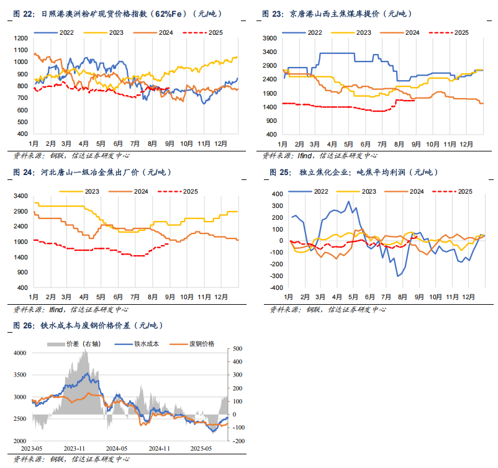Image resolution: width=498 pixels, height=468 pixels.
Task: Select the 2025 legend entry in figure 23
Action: click(458, 32)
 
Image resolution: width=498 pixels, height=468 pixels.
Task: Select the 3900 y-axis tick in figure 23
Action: click(270, 38)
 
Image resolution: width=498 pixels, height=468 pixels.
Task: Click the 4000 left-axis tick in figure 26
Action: click(20, 353)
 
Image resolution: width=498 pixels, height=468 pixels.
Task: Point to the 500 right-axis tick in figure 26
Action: click(238, 349)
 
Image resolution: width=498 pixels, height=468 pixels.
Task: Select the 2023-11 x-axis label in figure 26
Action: click(75, 448)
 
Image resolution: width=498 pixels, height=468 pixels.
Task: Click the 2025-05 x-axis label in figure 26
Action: click(201, 448)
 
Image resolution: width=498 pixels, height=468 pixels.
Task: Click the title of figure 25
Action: click(360, 172)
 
